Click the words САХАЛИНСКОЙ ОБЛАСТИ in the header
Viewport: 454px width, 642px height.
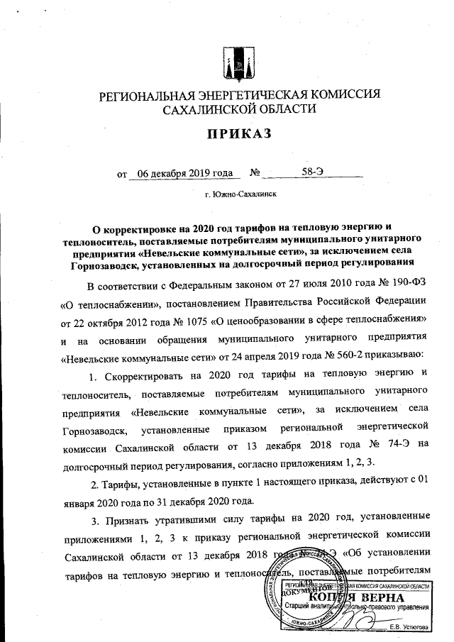point(238,110)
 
